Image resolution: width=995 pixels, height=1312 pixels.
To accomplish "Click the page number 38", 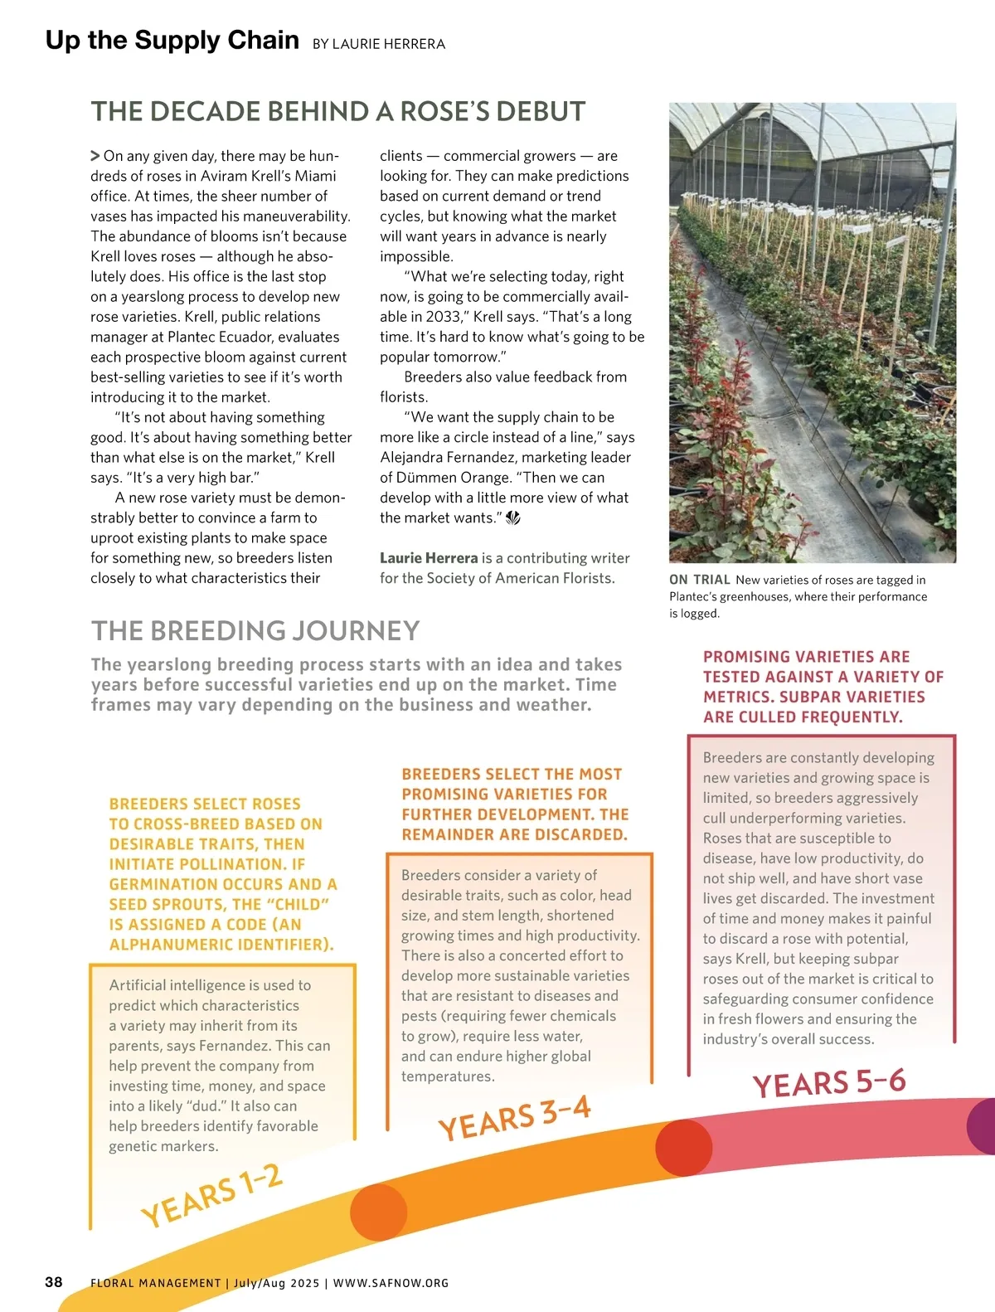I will point(54,1282).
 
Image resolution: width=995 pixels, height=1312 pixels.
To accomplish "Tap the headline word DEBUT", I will point(539,112).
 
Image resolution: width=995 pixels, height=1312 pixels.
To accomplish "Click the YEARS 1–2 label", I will point(212,1195).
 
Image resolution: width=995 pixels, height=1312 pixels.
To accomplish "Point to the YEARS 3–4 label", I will point(514,1117).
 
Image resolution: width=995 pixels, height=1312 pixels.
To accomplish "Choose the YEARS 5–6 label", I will point(828,1083).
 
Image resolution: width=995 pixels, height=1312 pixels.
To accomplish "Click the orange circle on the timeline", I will point(379,1212).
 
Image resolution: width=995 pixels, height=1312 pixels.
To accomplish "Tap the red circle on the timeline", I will point(684,1148).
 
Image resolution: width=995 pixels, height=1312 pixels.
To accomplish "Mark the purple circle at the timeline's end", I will point(983,1125).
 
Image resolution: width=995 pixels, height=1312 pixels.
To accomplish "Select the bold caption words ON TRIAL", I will point(700,580).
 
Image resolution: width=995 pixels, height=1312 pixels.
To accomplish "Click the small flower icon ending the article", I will point(513,518).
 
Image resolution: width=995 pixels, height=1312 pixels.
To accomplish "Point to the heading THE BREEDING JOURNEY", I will point(255,631).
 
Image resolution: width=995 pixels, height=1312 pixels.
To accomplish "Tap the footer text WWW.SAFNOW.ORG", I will point(391,1283).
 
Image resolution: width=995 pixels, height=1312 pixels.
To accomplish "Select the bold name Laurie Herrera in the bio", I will point(429,558).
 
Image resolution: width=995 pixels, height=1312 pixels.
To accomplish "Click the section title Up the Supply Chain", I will point(172,41).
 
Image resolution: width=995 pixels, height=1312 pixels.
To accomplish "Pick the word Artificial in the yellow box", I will point(138,985).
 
